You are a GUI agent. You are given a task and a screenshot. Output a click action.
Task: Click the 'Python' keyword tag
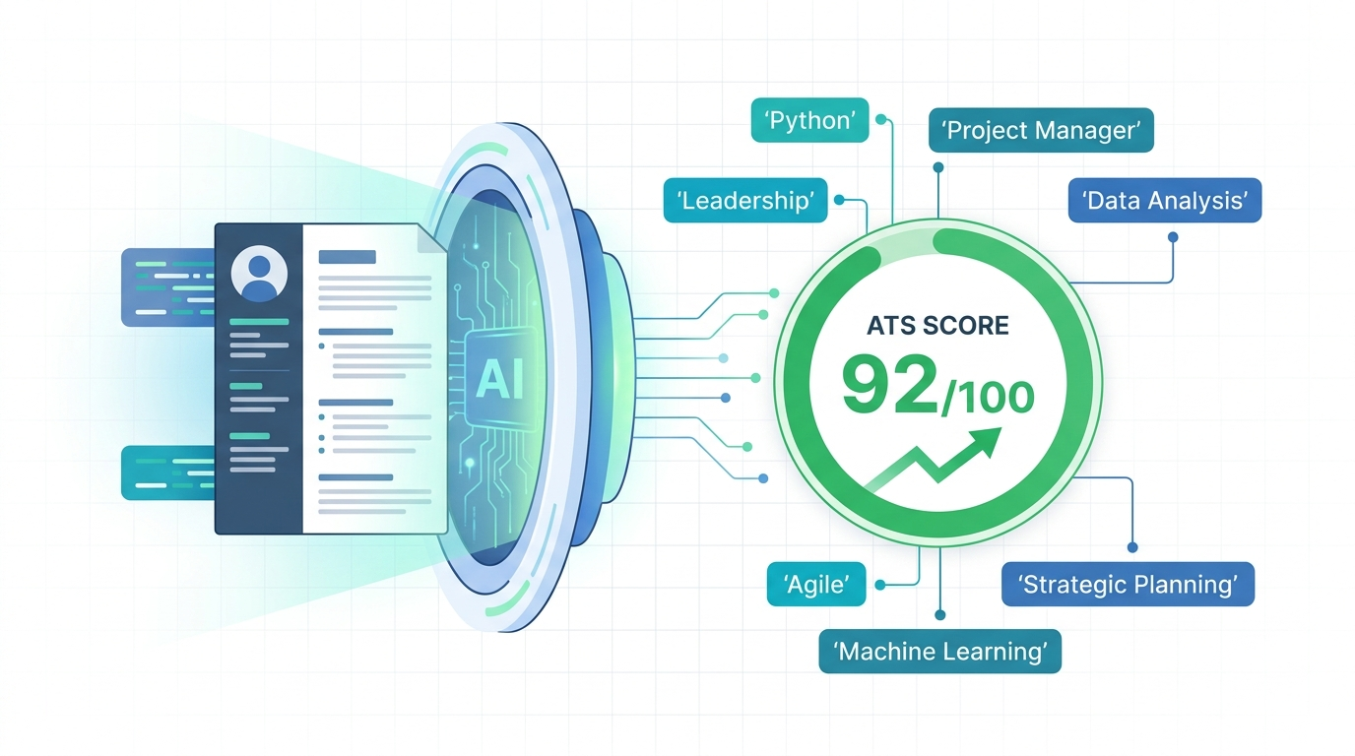809,120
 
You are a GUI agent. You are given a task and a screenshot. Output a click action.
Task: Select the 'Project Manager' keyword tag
1041,130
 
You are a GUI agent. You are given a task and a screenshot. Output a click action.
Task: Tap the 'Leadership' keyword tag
745,200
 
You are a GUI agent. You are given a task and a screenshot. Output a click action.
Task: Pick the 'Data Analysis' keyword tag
1164,200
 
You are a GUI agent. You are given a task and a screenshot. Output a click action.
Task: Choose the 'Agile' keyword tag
816,585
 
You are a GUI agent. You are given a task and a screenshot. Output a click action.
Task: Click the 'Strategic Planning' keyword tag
1128,585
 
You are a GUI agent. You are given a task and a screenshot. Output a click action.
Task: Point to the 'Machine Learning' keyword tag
939,652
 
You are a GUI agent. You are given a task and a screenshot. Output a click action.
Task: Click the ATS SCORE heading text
937,326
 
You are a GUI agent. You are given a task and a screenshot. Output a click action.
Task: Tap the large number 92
889,385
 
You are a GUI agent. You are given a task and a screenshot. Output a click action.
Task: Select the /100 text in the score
987,397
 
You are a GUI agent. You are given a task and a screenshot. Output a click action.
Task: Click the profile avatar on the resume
259,274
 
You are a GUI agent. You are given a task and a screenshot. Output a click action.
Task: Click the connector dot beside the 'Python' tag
880,120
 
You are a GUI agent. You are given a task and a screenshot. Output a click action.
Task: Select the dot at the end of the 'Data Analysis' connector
1173,237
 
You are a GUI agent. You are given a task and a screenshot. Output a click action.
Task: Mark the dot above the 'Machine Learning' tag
940,615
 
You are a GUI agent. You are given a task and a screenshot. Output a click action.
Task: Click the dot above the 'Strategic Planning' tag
1132,547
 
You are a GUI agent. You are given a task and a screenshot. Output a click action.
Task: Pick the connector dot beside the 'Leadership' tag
839,200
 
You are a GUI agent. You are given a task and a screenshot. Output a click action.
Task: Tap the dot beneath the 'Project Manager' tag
938,167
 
